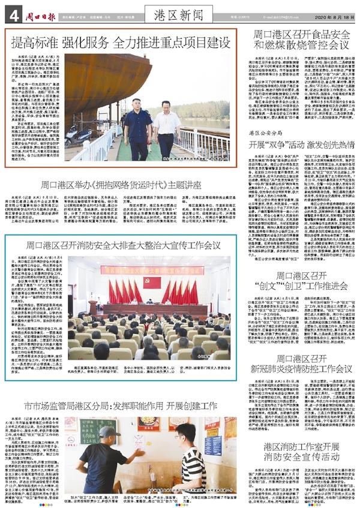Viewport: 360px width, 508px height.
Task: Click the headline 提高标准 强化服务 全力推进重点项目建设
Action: pyautogui.click(x=121, y=43)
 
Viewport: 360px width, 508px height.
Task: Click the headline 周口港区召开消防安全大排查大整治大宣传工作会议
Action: pyautogui.click(x=123, y=245)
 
